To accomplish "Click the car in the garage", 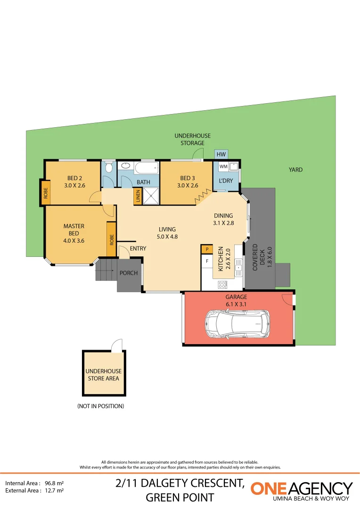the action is [x=237, y=324].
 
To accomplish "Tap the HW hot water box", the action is [x=221, y=154].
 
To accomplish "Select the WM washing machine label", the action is [x=223, y=166].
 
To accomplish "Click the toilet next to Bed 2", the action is [x=109, y=167].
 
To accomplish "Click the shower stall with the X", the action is [x=151, y=196].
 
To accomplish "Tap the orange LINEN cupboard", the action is [x=138, y=197].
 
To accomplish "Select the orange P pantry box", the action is [x=207, y=249].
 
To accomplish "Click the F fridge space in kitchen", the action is [x=207, y=261].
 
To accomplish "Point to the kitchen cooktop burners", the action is [x=222, y=285].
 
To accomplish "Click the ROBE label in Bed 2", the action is [x=46, y=193].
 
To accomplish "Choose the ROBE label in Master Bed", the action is [x=112, y=239].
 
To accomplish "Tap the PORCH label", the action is [x=129, y=273].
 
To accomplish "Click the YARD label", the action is [x=296, y=170].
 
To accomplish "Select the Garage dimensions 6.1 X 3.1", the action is [x=236, y=304].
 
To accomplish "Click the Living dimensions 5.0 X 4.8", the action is [x=167, y=237].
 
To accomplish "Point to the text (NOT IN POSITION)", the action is [x=101, y=406].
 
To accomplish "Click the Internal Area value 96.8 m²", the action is [x=54, y=483].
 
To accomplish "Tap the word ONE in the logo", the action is [x=269, y=489].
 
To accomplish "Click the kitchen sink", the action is [x=238, y=267].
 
